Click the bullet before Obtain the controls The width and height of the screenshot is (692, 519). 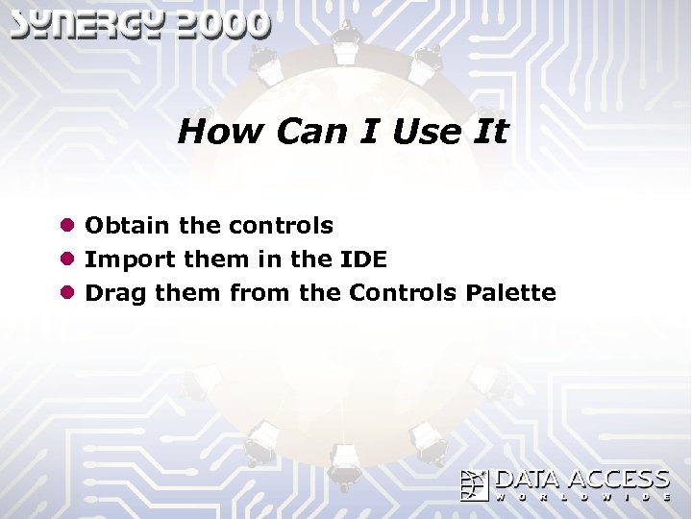point(66,226)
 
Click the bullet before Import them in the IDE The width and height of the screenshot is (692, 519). point(66,259)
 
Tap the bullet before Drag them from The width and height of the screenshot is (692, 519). point(66,292)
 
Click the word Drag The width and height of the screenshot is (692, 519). point(116,292)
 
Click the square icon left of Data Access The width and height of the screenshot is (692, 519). point(475,485)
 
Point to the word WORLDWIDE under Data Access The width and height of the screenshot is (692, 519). point(582,498)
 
